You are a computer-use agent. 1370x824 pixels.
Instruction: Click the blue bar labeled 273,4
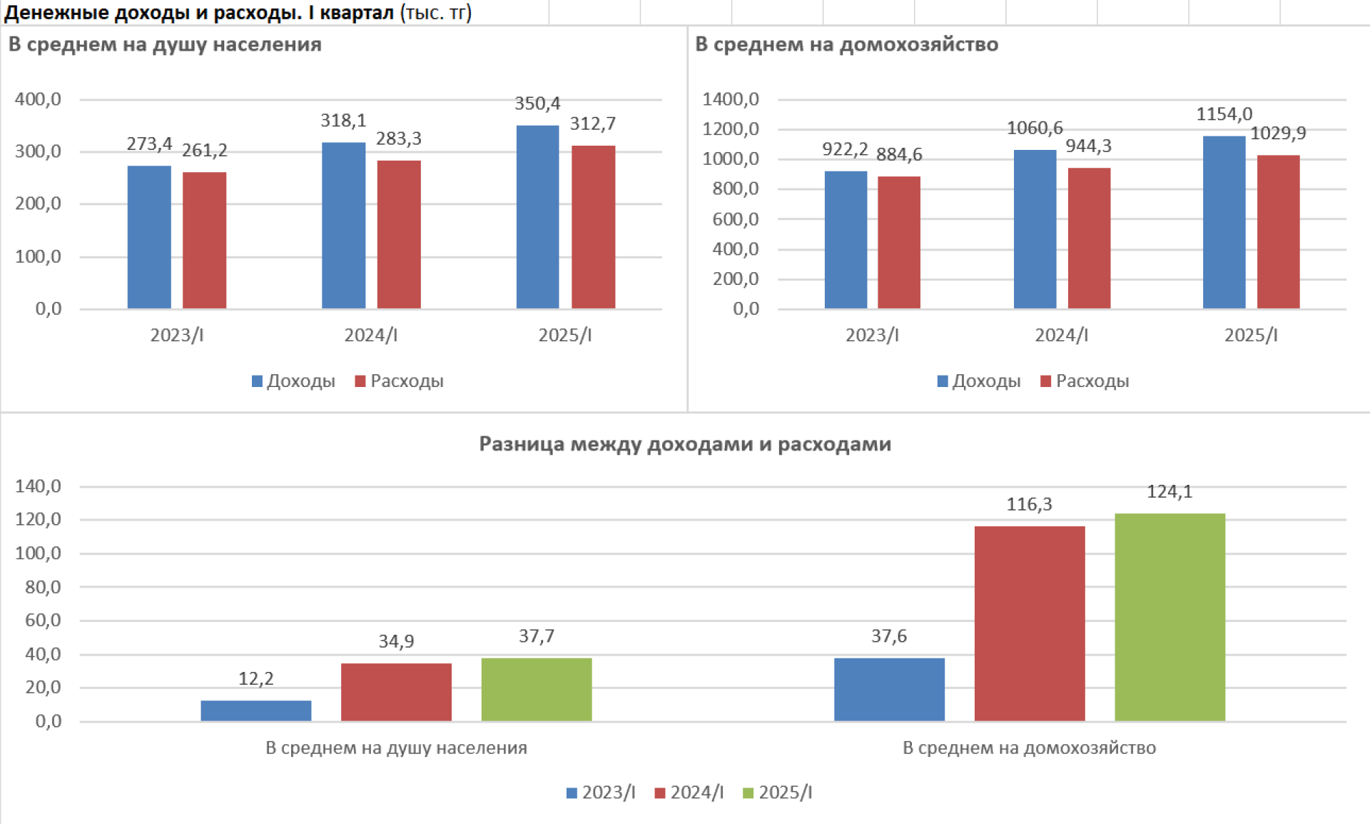149,237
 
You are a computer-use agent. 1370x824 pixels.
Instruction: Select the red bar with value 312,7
593,227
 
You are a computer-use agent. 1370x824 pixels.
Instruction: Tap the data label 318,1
343,121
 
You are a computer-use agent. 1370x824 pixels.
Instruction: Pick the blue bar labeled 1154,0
1224,222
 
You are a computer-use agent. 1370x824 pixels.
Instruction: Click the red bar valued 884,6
898,242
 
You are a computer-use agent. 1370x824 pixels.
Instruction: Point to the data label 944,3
1088,146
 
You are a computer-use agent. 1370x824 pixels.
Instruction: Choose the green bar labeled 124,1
1169,617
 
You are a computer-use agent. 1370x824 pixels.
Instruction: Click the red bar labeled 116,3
1029,623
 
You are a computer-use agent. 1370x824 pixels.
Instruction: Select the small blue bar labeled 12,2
255,710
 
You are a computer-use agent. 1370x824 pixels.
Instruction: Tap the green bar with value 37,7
536,689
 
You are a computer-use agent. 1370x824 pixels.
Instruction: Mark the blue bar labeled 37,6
888,689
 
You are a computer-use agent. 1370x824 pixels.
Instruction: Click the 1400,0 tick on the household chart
730,99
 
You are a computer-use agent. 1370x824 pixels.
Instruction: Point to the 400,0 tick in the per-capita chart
38,99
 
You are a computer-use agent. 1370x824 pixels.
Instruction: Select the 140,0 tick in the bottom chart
38,486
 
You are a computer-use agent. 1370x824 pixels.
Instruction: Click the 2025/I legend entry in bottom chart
778,793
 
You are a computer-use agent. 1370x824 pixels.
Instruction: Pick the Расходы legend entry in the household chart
1085,381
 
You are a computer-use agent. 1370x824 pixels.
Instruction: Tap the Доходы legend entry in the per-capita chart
293,381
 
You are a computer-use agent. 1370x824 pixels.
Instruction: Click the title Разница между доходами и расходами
685,444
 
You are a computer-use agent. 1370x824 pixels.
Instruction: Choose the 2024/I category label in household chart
1061,335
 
